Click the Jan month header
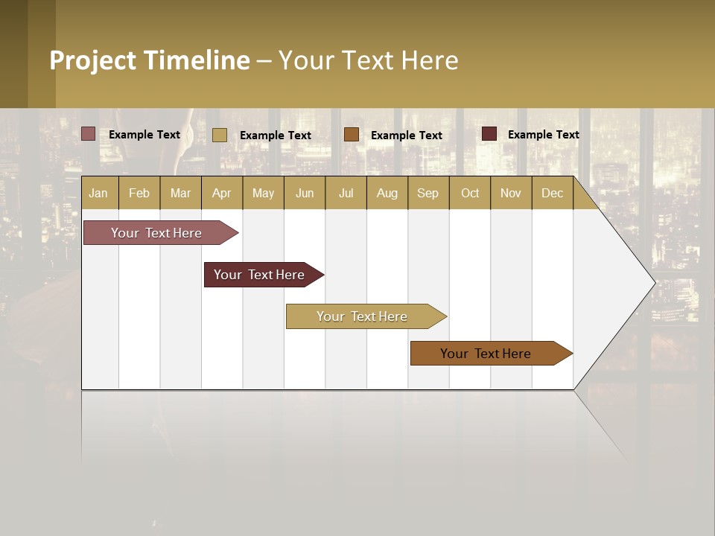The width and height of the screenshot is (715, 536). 98,193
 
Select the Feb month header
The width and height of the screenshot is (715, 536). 139,193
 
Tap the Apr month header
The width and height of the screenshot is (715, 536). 221,193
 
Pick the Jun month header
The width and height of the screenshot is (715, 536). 305,193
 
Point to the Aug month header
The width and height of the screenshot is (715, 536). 387,193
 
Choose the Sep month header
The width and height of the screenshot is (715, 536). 428,193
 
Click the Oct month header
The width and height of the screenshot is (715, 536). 470,193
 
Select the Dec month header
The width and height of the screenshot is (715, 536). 552,193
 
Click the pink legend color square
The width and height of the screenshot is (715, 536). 89,134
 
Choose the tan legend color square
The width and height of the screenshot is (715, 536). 220,135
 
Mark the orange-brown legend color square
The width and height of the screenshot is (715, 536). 352,134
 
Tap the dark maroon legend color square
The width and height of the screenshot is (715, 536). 489,134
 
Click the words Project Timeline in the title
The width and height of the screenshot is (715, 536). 150,60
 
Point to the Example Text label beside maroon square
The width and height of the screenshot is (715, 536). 543,135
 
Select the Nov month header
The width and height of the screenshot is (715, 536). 510,193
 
